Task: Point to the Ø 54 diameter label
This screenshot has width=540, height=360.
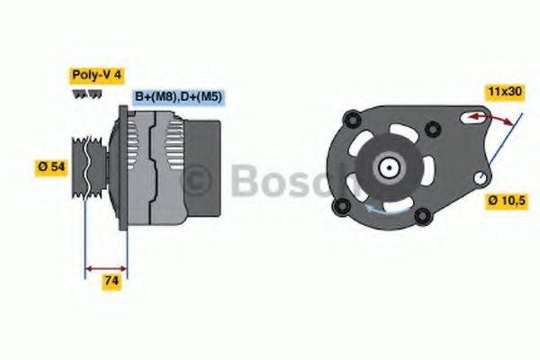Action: click(50, 167)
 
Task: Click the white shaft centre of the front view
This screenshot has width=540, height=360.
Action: click(389, 166)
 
